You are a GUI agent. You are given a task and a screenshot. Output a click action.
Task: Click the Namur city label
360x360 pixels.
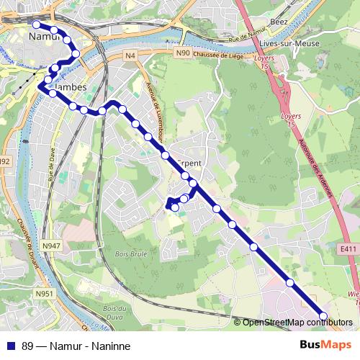pyautogui.click(x=43, y=35)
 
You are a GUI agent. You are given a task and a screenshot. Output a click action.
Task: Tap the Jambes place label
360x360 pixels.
pyautogui.click(x=70, y=87)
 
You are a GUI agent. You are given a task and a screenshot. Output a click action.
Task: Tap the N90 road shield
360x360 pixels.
pyautogui.click(x=184, y=53)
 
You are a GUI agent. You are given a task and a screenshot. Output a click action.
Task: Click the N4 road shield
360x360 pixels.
pyautogui.click(x=130, y=55)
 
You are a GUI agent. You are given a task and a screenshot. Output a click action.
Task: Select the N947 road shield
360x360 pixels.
pyautogui.click(x=52, y=246)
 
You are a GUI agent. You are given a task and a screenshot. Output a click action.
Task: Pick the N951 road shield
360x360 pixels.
pyautogui.click(x=45, y=293)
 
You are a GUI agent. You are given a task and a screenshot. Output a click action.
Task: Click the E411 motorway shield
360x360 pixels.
pyautogui.click(x=349, y=249)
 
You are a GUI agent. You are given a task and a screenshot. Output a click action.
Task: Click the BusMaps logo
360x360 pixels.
pyautogui.click(x=325, y=344)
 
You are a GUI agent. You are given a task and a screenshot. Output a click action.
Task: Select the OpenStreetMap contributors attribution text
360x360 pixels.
pyautogui.click(x=298, y=323)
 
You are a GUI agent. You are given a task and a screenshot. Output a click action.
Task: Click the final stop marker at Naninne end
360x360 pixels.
pyautogui.click(x=323, y=316)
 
